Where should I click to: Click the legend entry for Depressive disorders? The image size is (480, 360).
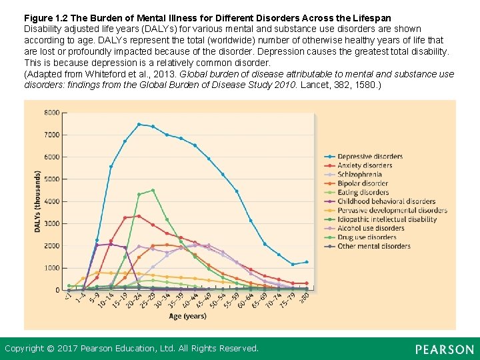pyautogui.click(x=369, y=157)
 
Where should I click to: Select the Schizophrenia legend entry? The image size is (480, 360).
pyautogui.click(x=359, y=175)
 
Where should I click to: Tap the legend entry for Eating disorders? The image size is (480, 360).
pyautogui.click(x=363, y=193)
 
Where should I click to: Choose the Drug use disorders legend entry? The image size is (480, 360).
pyautogui.click(x=367, y=237)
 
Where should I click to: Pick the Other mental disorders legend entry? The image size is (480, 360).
pyautogui.click(x=373, y=246)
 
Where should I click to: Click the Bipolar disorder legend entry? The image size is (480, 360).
pyautogui.click(x=363, y=183)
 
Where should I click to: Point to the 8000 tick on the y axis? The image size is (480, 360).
pyautogui.click(x=51, y=113)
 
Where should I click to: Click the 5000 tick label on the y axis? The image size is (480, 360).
pyautogui.click(x=51, y=179)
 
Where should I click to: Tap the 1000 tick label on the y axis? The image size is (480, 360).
pyautogui.click(x=51, y=268)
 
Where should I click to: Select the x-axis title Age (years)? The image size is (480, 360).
pyautogui.click(x=187, y=315)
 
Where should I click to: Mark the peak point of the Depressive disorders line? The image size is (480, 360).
pyautogui.click(x=139, y=124)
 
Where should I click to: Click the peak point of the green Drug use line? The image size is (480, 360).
pyautogui.click(x=153, y=191)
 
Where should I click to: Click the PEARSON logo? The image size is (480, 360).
pyautogui.click(x=444, y=349)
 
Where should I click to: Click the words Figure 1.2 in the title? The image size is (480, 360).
pyautogui.click(x=46, y=17)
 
